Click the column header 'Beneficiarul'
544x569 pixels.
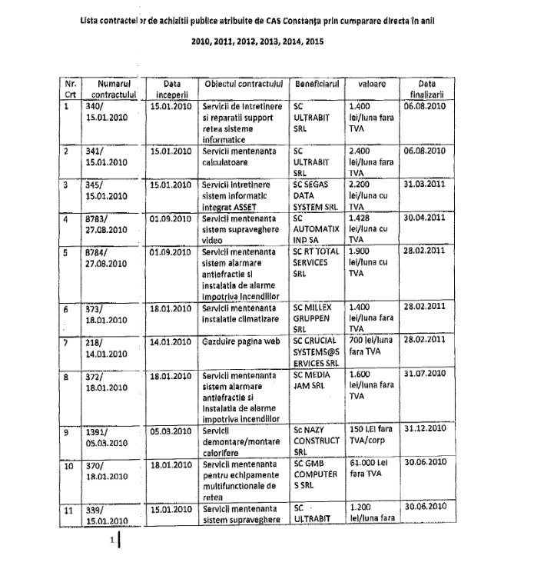pos(315,82)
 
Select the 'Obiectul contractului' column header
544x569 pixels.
pos(242,82)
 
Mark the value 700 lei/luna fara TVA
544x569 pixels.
pos(373,346)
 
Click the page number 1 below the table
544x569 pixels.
pos(112,541)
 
